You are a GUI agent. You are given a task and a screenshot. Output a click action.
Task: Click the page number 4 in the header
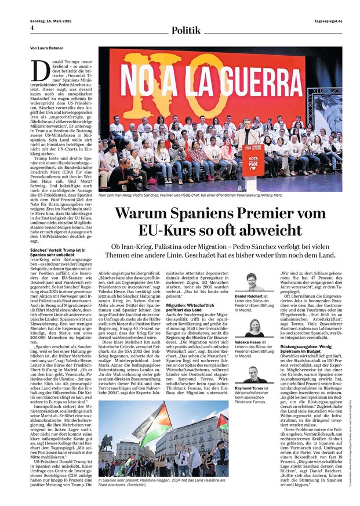[32, 28]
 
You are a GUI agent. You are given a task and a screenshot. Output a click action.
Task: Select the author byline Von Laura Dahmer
[47, 48]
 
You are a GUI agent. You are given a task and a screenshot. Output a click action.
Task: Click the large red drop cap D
[40, 71]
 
